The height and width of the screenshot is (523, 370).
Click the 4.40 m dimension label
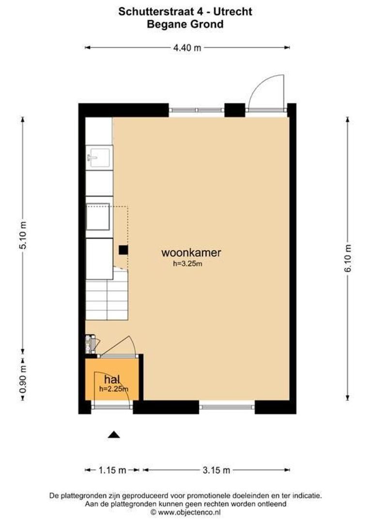(187, 47)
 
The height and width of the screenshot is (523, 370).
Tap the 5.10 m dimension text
(22, 235)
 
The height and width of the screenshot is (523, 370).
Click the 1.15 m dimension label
(112, 470)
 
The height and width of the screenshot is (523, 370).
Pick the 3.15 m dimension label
(216, 470)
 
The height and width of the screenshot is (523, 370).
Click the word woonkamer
(191, 252)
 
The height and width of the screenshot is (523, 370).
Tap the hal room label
(112, 379)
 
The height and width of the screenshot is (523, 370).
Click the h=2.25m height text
(114, 388)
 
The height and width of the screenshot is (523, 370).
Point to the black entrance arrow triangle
(113, 434)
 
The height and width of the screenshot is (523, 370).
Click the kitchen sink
(99, 157)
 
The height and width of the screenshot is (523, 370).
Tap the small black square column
(123, 250)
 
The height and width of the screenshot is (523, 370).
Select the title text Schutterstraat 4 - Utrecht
(185, 12)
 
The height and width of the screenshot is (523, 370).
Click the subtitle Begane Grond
(185, 24)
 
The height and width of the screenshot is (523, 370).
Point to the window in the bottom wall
(227, 407)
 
